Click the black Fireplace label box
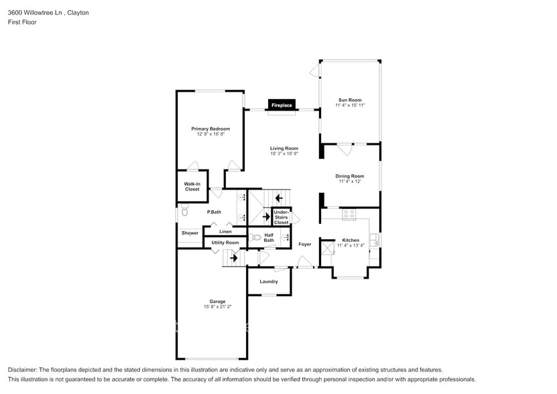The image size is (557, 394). pos(282,105)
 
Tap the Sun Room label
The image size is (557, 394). pos(350,100)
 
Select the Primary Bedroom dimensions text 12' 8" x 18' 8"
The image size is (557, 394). pos(210,135)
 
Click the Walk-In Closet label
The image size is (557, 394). pos(192,186)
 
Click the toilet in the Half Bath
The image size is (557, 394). pos(256,237)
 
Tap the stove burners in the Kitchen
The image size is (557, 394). pos(349,214)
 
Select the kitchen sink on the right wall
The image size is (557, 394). pos(374,239)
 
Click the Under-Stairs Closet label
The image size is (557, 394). pos(282,217)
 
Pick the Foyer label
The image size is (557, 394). pos(305,245)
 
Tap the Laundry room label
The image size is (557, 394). pos(269,281)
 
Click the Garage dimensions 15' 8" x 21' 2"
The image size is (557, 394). pos(217,307)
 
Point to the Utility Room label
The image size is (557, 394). pos(225,243)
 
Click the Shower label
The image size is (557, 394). pos(190,233)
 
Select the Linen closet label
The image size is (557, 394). pos(226,232)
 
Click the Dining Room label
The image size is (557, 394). pos(350,176)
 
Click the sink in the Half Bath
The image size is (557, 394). pos(286,237)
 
